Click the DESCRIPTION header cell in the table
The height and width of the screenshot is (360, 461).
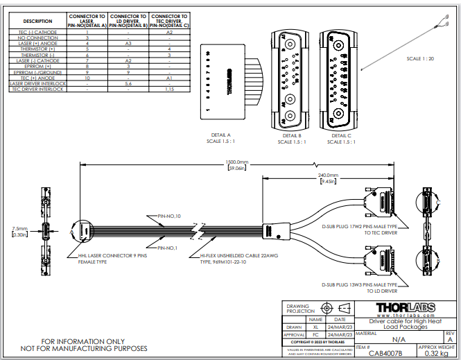(x=37, y=21)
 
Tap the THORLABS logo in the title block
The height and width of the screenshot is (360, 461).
(x=406, y=307)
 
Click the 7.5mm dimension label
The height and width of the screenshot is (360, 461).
(x=19, y=228)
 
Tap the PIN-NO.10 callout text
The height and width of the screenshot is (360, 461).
(x=170, y=215)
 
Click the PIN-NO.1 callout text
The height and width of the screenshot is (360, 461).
(x=168, y=248)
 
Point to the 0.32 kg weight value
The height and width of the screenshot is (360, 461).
(x=437, y=353)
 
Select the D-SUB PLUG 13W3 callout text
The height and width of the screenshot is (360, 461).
(x=359, y=284)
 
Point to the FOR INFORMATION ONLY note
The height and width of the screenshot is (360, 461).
(x=84, y=341)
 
